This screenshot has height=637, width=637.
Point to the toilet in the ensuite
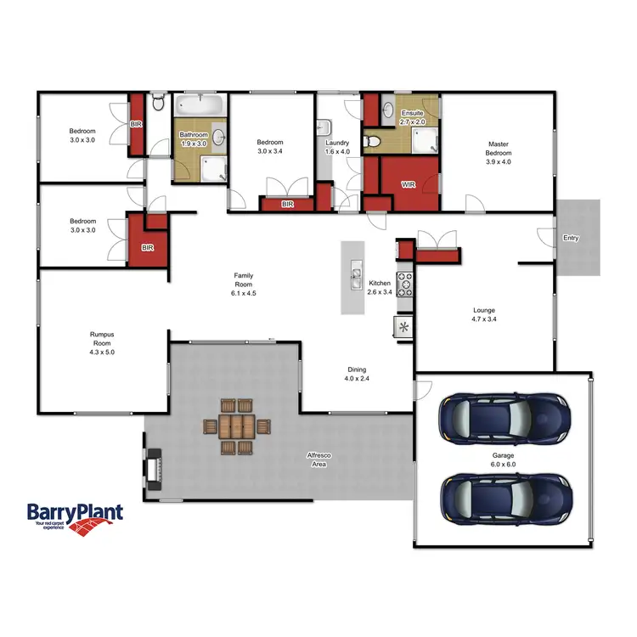coord(372,141)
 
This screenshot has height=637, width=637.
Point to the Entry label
coord(571,238)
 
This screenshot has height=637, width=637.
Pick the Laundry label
coord(337,144)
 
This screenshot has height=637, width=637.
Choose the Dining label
coord(357,369)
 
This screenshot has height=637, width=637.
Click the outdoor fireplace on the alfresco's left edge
coord(155,468)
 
